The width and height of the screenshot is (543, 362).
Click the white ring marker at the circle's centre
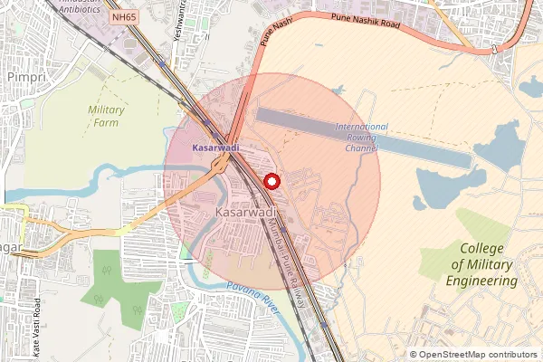(271, 180)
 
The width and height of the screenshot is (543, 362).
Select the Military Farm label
(106, 116)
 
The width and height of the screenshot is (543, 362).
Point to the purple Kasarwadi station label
(214, 146)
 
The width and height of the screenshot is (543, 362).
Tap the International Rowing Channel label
(361, 137)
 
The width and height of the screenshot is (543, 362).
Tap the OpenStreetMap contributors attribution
(472, 355)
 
